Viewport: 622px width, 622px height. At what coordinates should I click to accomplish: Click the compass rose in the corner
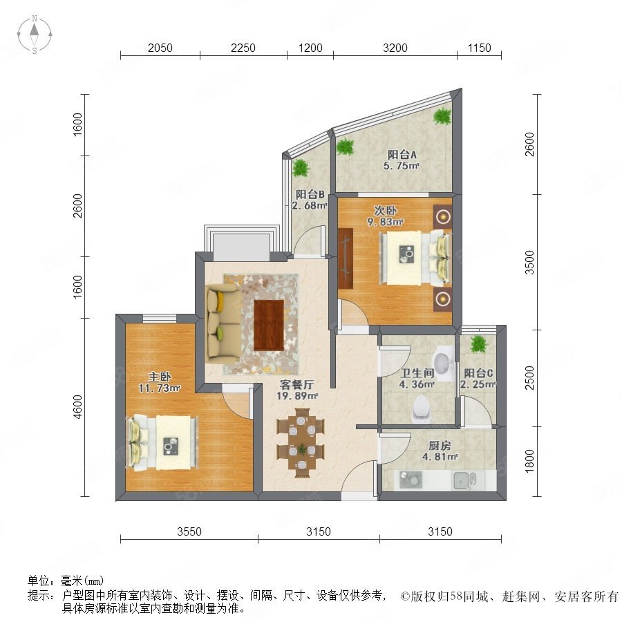[x=35, y=35]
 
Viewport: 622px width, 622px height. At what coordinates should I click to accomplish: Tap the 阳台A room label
[x=402, y=154]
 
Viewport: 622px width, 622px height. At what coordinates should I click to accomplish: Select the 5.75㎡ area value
[x=401, y=166]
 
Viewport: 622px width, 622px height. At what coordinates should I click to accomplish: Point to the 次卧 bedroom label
[x=385, y=210]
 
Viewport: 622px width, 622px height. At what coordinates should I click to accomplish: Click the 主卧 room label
[x=160, y=377]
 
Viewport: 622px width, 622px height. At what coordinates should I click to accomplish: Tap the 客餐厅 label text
[x=296, y=384]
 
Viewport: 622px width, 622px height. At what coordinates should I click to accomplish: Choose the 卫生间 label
[x=417, y=373]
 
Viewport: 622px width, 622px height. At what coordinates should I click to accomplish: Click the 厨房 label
[x=440, y=446]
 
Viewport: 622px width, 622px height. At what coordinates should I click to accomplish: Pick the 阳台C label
[x=478, y=373]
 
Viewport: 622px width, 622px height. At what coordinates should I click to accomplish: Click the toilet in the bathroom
[x=422, y=408]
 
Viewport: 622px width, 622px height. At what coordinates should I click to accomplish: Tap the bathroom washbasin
[x=443, y=361]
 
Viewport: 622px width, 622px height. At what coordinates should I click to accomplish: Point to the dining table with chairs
[x=301, y=443]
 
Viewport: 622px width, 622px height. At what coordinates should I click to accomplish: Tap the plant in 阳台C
[x=479, y=344]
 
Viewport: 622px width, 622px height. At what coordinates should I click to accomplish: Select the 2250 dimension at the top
[x=243, y=48]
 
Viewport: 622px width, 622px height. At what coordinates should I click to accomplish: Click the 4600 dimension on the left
[x=77, y=406]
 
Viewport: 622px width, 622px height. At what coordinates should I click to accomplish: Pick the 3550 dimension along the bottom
[x=189, y=531]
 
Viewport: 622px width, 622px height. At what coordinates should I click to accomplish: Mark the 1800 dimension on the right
[x=529, y=462]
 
